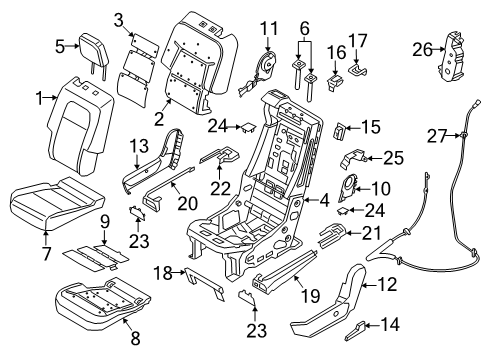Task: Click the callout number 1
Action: pos(39,98)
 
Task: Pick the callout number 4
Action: pos(325,200)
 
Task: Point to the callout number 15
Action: pos(372,126)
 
